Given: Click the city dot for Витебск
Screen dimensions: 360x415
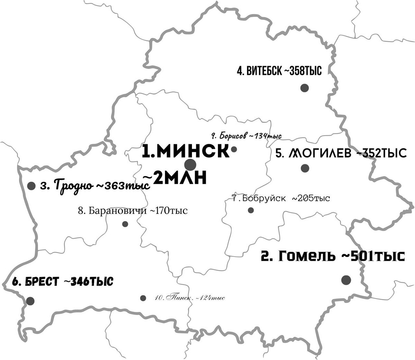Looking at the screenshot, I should [x=304, y=88].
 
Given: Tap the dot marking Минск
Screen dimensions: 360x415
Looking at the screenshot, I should [x=190, y=165].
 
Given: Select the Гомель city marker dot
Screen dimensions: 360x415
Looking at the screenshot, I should [x=346, y=280].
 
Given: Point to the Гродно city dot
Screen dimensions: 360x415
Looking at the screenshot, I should [x=31, y=186].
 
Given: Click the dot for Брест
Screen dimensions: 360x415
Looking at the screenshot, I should [x=30, y=301].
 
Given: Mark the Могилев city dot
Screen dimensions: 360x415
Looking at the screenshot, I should [x=305, y=168].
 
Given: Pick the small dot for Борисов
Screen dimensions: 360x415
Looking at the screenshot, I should [x=234, y=149].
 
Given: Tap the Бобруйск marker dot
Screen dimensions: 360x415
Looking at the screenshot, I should [x=251, y=210].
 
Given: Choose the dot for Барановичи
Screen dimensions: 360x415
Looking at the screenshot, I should [x=125, y=224].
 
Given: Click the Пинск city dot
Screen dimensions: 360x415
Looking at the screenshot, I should [x=143, y=298].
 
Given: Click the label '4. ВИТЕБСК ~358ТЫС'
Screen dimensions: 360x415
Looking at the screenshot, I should [x=279, y=72].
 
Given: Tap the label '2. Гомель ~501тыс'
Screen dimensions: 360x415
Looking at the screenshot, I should [x=332, y=257].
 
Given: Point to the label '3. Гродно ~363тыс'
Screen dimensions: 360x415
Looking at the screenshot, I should [x=95, y=186].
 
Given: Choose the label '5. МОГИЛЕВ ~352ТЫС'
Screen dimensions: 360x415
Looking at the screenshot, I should [x=341, y=153].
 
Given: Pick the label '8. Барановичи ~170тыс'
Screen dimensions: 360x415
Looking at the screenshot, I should [x=133, y=211].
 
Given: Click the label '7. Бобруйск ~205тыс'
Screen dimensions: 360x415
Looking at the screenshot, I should [x=281, y=199].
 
